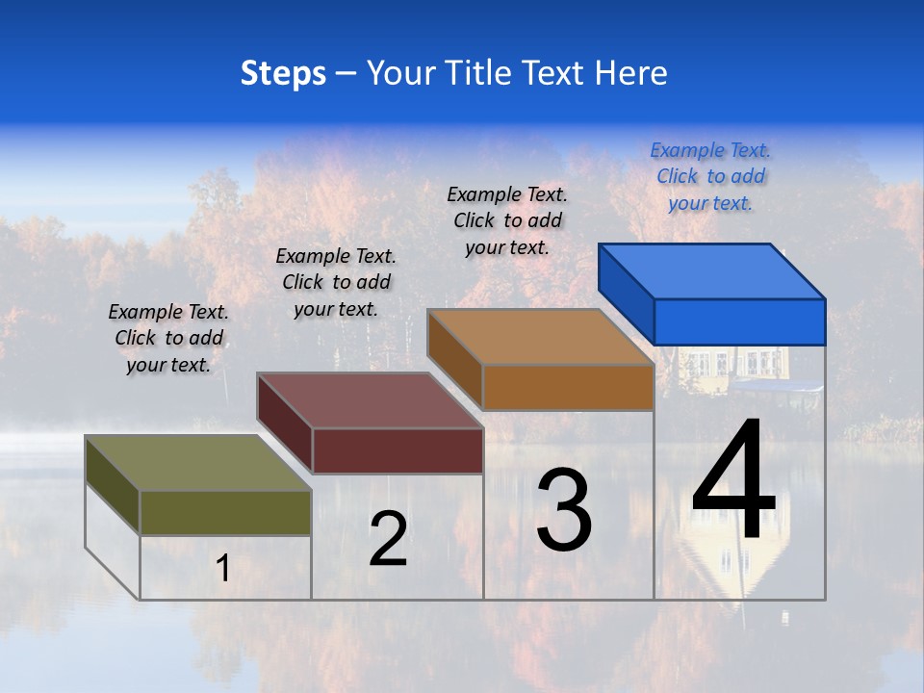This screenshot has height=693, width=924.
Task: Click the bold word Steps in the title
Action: (283, 73)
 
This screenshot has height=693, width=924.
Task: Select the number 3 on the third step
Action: (564, 511)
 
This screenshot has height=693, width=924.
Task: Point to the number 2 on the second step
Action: (388, 540)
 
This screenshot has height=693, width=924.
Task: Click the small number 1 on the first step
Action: (222, 569)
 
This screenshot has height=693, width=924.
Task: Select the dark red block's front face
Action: (398, 450)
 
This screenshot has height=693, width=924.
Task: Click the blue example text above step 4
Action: (710, 176)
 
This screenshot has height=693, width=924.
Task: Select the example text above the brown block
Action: (507, 220)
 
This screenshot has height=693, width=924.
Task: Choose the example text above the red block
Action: (336, 282)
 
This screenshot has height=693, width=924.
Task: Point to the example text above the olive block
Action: (168, 338)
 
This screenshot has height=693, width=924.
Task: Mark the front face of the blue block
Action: (739, 321)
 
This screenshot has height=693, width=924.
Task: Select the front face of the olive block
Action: (225, 513)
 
